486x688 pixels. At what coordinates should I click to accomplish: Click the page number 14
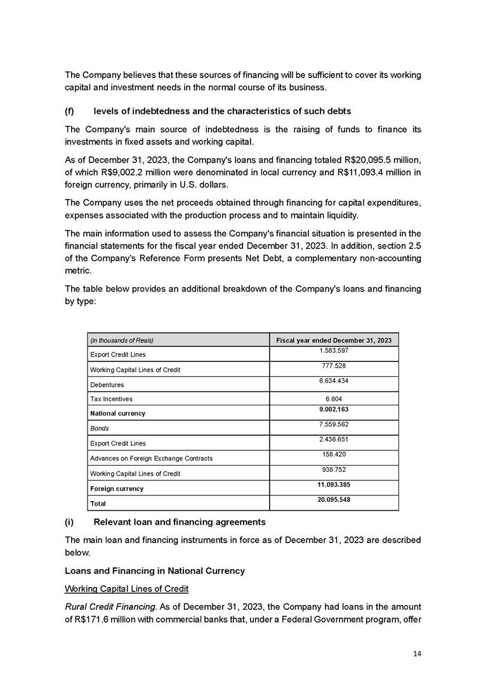click(416, 654)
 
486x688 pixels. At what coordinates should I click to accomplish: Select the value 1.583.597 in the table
click(334, 351)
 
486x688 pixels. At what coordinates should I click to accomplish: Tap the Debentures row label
click(107, 385)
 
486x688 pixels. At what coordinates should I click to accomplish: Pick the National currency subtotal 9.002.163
click(334, 410)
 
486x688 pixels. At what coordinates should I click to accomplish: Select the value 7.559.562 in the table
click(334, 424)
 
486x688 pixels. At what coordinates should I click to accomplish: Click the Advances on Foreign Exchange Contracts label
click(151, 458)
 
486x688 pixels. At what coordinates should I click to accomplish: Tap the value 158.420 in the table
click(334, 454)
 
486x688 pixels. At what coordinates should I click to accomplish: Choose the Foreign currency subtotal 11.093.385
click(334, 485)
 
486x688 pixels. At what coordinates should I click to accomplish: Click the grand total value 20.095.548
click(334, 499)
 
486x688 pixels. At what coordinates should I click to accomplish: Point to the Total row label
click(98, 503)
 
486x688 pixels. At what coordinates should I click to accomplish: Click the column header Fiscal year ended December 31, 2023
click(334, 341)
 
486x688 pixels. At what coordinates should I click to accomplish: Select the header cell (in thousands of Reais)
click(122, 341)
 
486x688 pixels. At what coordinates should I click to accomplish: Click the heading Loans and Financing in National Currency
click(155, 570)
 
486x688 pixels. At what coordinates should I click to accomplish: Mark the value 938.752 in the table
click(334, 469)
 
